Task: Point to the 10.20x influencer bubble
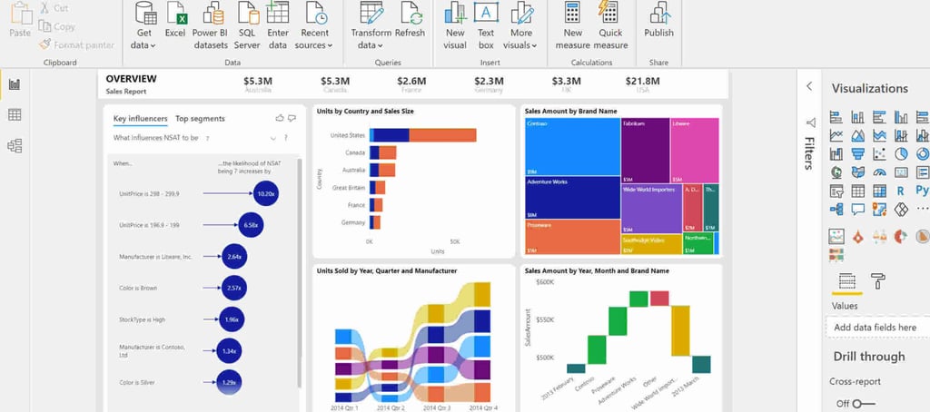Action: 266,193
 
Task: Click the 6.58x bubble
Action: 252,225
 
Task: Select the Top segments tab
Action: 200,119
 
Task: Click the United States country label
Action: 347,135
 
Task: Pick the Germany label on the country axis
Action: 353,222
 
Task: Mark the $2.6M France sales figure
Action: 411,82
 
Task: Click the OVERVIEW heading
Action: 131,80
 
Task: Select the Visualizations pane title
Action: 869,89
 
